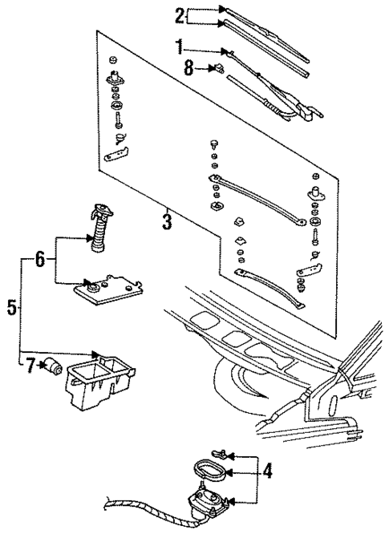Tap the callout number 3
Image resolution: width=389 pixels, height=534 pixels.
pyautogui.click(x=166, y=220)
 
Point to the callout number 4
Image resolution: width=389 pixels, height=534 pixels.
pyautogui.click(x=267, y=471)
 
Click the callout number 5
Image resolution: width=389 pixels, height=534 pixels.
pyautogui.click(x=11, y=307)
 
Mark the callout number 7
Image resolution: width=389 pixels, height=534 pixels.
pyautogui.click(x=30, y=366)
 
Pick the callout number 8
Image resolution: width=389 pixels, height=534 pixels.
pyautogui.click(x=188, y=68)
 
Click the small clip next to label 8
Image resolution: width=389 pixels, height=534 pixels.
pyautogui.click(x=217, y=67)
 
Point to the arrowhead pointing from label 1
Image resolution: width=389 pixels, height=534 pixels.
pyautogui.click(x=230, y=52)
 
